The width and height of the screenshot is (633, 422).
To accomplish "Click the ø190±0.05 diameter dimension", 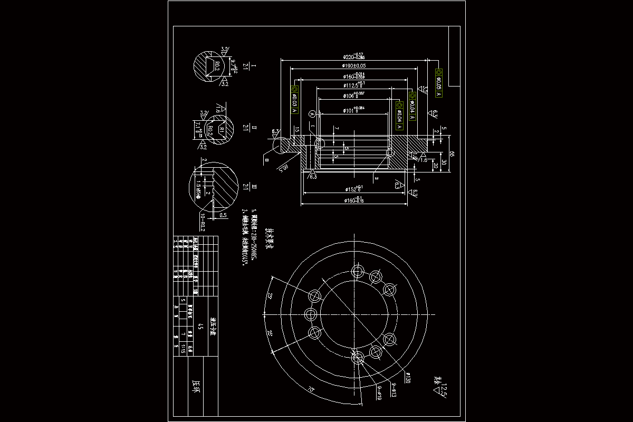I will pos(354,66).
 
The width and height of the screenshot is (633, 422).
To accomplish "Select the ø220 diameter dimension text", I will pos(354,56).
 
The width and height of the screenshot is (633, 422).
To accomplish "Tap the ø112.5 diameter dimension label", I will pos(354,85).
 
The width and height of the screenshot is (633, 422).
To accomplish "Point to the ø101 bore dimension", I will pos(354,110).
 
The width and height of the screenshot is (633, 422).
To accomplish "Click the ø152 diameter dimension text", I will pos(354,188).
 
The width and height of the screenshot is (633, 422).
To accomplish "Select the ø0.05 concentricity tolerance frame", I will pos(439,83).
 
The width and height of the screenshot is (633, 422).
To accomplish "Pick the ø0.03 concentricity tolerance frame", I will pos(294,99).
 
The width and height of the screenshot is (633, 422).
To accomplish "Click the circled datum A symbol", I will pos(312,113).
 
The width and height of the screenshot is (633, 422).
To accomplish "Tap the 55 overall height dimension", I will pos(452,154).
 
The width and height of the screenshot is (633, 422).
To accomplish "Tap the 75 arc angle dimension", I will pos(311,390).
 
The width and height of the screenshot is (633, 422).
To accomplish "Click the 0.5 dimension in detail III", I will pos(223,215).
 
